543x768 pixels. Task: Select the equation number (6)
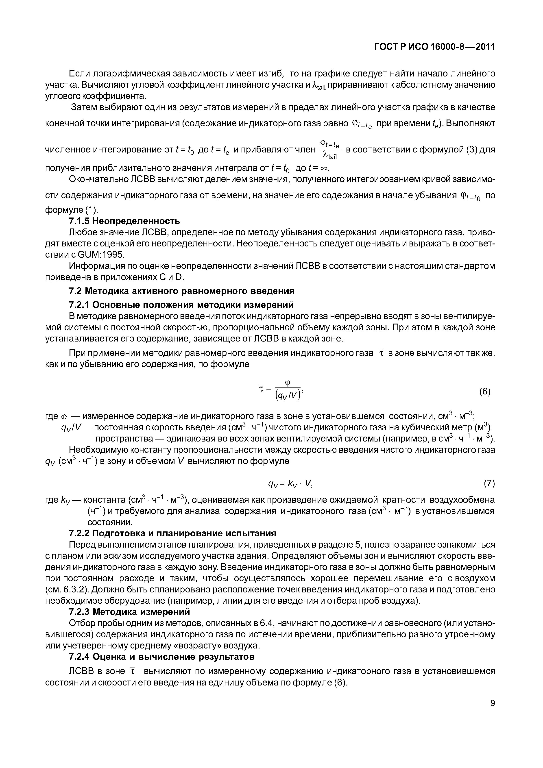[485, 391]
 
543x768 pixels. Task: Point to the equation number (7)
[489, 483]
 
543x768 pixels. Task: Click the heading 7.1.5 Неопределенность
[124, 221]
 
